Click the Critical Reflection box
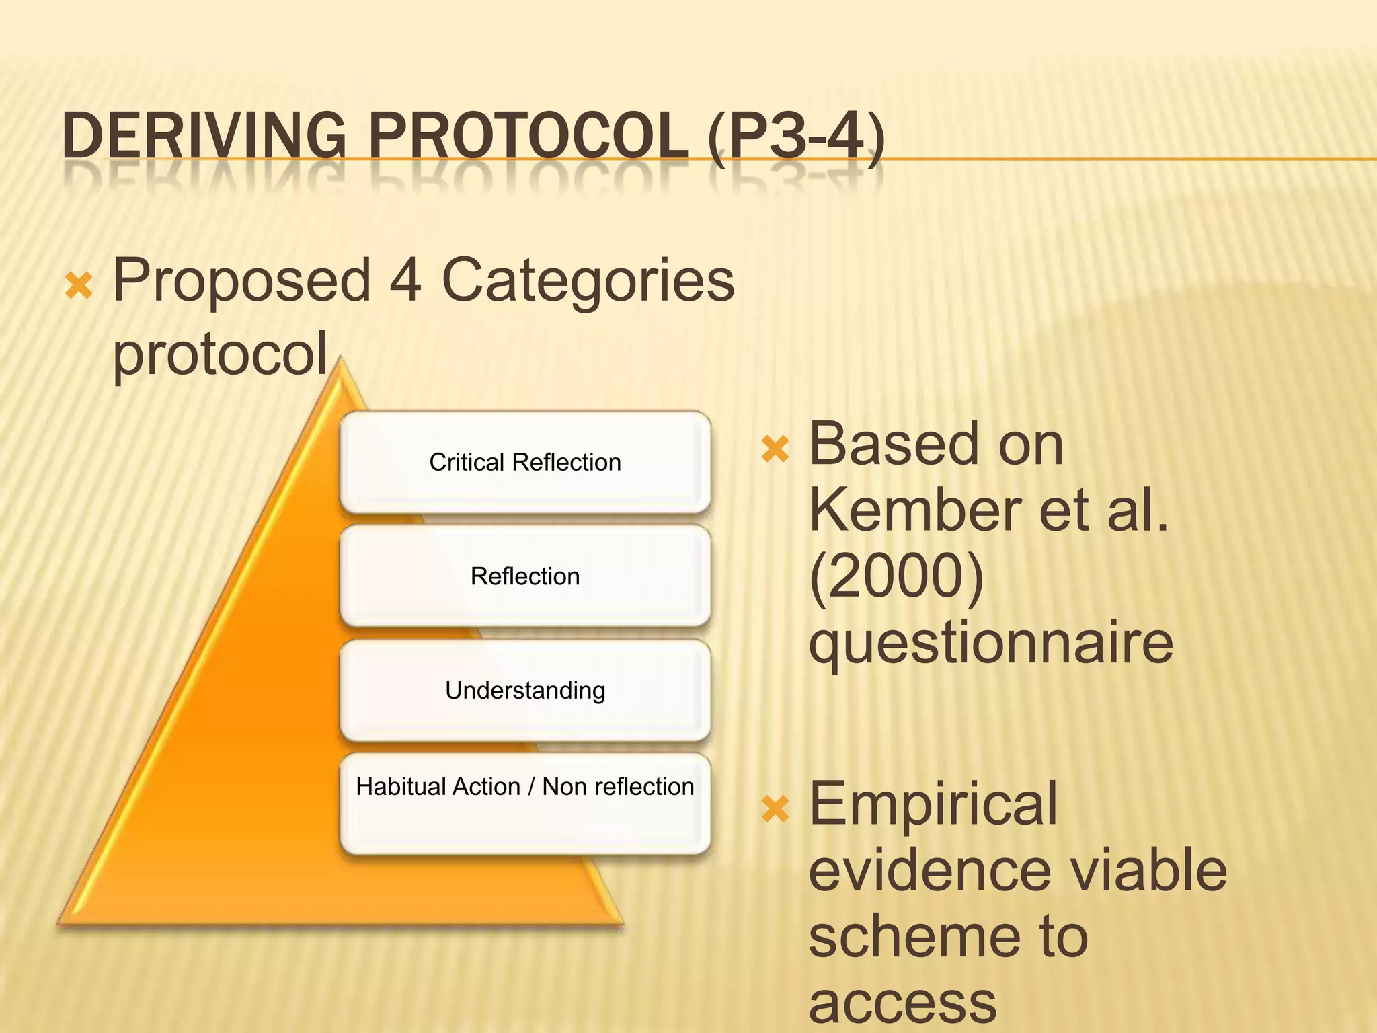[525, 463]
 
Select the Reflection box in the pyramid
[525, 577]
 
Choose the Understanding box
[525, 691]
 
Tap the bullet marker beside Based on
[775, 449]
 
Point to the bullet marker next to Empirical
[775, 809]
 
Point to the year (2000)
[896, 577]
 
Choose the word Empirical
[933, 805]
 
